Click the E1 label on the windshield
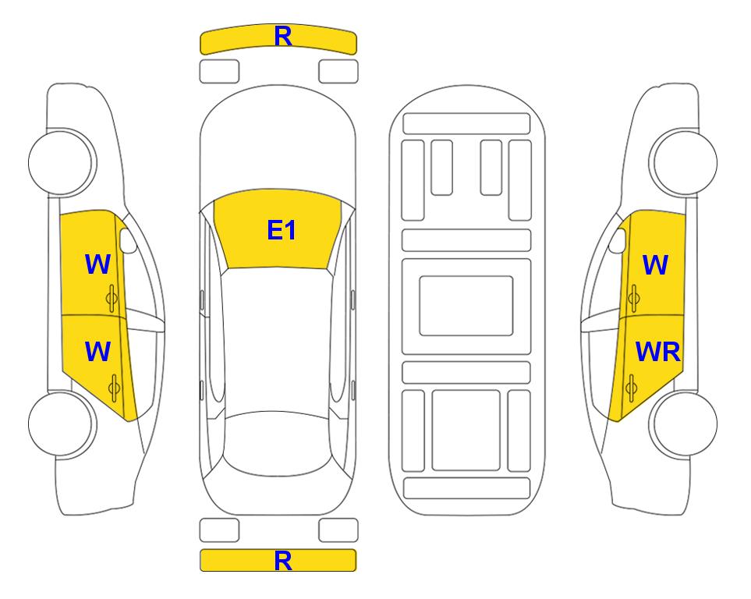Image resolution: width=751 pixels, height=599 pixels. click(x=282, y=230)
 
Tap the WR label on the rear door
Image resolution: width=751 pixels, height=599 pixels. click(x=657, y=353)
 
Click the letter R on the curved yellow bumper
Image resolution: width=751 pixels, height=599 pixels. click(x=283, y=36)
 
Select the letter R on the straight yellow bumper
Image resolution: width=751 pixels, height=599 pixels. click(x=283, y=561)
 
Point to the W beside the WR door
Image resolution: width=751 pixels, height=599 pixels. click(x=655, y=264)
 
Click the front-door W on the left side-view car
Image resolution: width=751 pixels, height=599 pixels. click(x=97, y=264)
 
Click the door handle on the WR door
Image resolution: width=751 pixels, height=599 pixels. click(x=632, y=388)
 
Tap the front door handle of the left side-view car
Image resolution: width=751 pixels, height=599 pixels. click(x=112, y=299)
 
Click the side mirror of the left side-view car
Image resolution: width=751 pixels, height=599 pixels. click(x=128, y=241)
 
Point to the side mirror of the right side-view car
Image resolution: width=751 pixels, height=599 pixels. click(x=618, y=241)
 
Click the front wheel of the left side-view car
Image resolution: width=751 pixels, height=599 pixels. click(x=62, y=162)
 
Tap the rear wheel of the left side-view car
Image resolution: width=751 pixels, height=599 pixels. click(x=62, y=424)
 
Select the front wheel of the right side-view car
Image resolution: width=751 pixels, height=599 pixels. click(x=683, y=162)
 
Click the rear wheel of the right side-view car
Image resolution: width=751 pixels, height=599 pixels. click(x=683, y=424)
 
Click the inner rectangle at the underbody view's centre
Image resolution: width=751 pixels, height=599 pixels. click(x=466, y=306)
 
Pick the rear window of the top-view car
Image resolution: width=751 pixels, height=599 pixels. click(x=278, y=443)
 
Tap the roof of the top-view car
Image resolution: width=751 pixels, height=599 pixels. click(x=278, y=340)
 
